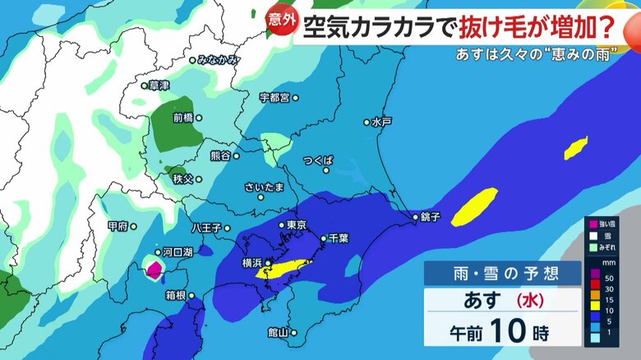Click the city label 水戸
click(381, 122)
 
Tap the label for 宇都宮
click(274, 98)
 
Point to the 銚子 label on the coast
click(431, 218)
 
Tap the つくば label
click(317, 160)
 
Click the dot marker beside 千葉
click(323, 238)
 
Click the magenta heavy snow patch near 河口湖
click(153, 269)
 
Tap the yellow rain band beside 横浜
click(284, 269)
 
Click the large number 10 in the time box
click(507, 331)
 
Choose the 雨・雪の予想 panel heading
click(490, 274)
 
